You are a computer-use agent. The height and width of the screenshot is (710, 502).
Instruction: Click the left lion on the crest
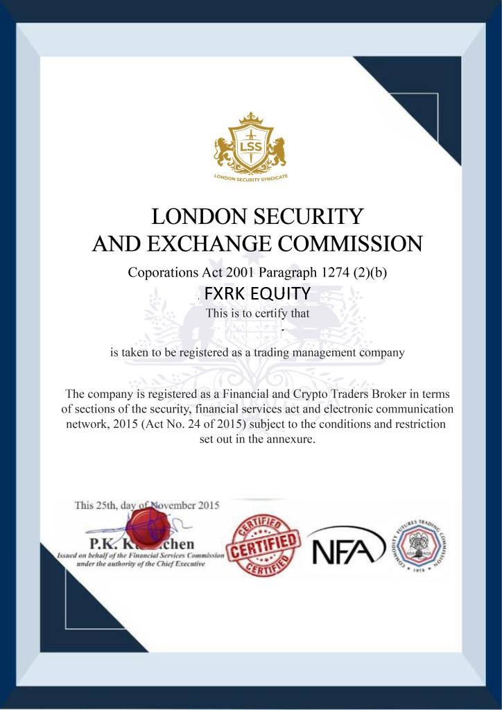tap(223, 150)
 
